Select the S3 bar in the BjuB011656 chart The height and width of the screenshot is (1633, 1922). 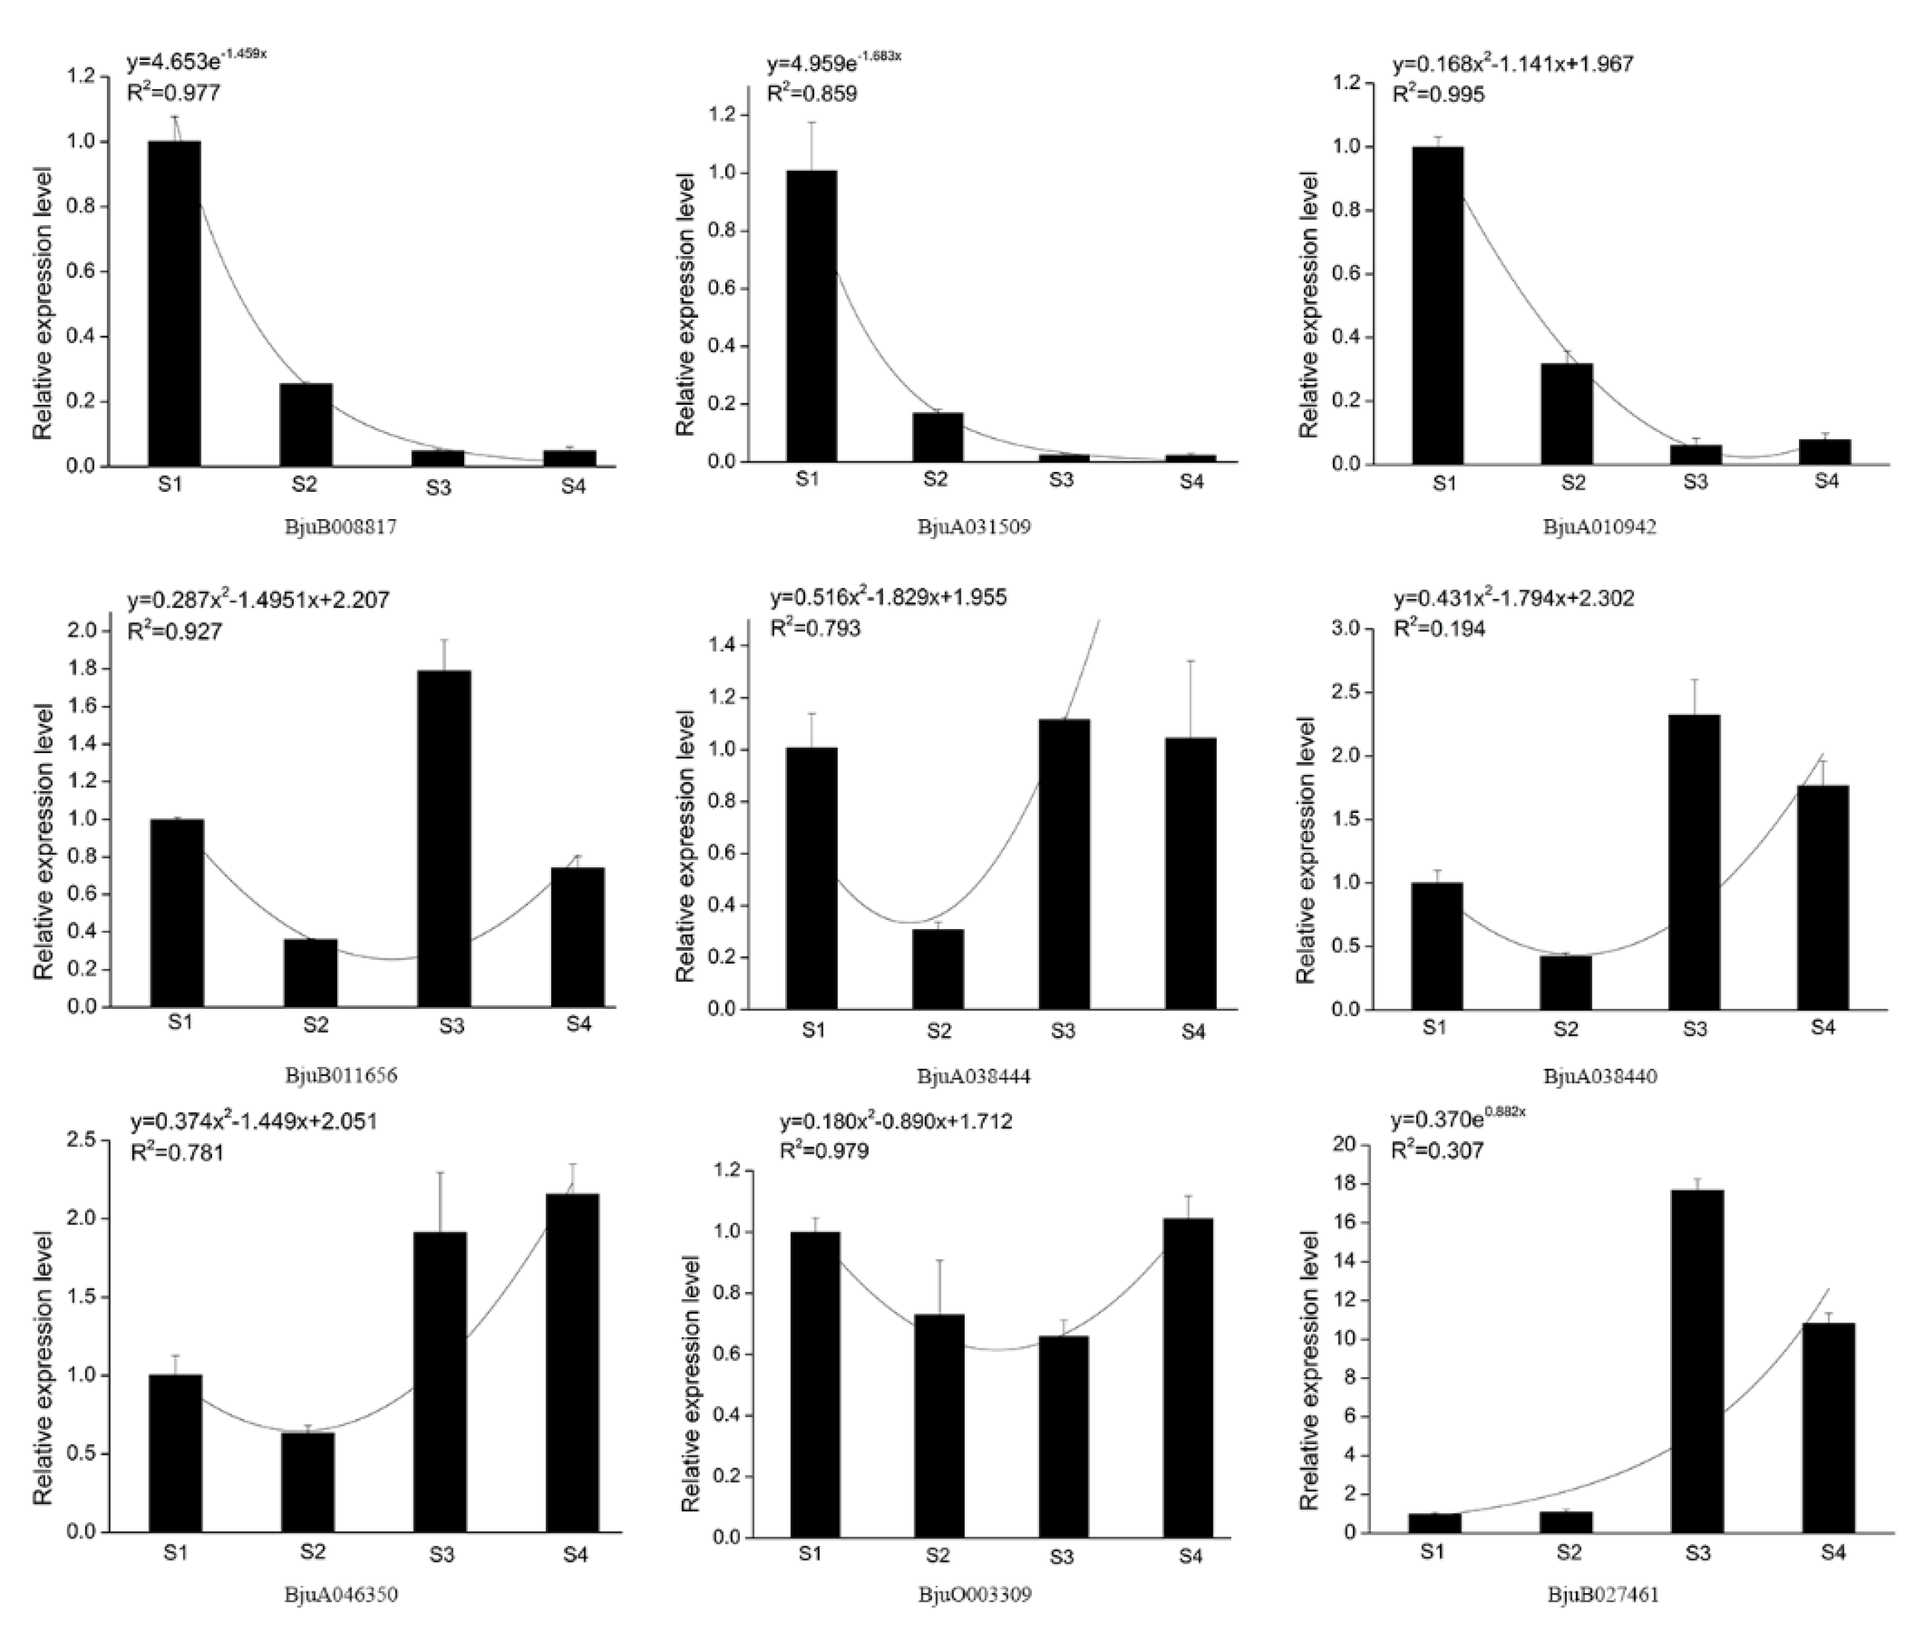point(443,838)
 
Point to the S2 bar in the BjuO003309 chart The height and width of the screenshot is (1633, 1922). point(939,1426)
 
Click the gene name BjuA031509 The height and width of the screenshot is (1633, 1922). point(974,527)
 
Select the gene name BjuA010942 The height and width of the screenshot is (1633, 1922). point(1599,527)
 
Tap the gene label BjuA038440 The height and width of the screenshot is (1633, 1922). point(1600,1075)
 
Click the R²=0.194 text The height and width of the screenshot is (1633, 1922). point(1439,629)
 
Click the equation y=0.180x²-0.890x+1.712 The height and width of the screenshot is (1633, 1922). point(896,1121)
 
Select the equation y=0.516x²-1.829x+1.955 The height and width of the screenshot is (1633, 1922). point(888,597)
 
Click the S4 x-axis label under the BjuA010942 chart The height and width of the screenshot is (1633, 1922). point(1826,481)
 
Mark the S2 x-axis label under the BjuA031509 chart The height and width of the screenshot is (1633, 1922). point(936,479)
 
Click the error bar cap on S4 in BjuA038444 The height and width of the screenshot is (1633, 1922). point(1191,661)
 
